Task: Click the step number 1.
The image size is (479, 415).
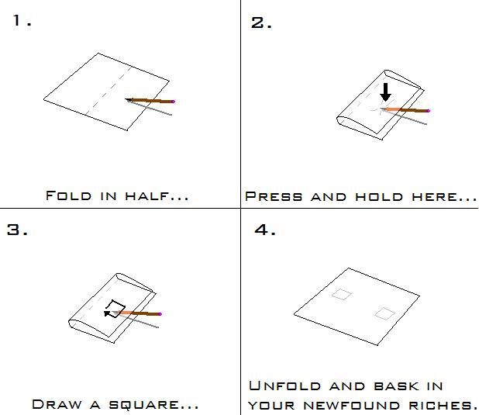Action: pyautogui.click(x=19, y=21)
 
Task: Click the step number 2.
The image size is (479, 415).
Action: pyautogui.click(x=260, y=22)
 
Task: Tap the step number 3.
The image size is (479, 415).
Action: pyautogui.click(x=16, y=230)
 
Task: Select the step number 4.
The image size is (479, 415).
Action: pyautogui.click(x=263, y=230)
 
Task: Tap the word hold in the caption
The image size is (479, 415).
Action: pyautogui.click(x=377, y=197)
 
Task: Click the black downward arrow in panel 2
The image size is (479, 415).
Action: pyautogui.click(x=386, y=92)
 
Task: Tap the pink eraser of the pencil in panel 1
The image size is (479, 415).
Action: pyautogui.click(x=174, y=101)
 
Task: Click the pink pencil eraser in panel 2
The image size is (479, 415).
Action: pyautogui.click(x=428, y=111)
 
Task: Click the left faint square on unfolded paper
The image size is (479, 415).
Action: pyautogui.click(x=342, y=295)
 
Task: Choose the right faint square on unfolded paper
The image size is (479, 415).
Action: pyautogui.click(x=384, y=313)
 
